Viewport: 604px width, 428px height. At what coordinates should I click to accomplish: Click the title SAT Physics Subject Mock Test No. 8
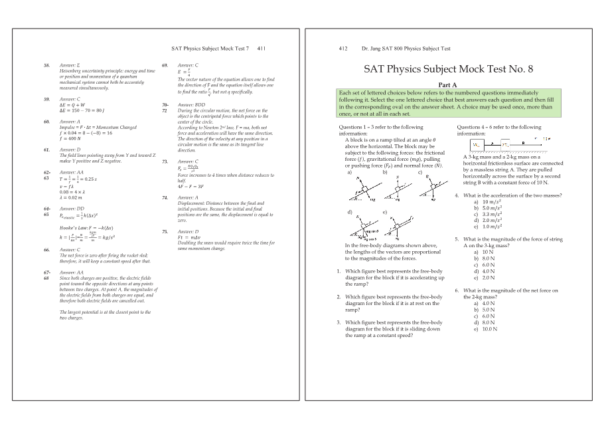click(448, 69)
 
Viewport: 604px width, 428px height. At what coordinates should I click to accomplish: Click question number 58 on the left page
click(46, 65)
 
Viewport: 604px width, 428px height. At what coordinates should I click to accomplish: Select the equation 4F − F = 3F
click(192, 186)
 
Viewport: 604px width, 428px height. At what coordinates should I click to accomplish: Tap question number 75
click(165, 231)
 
